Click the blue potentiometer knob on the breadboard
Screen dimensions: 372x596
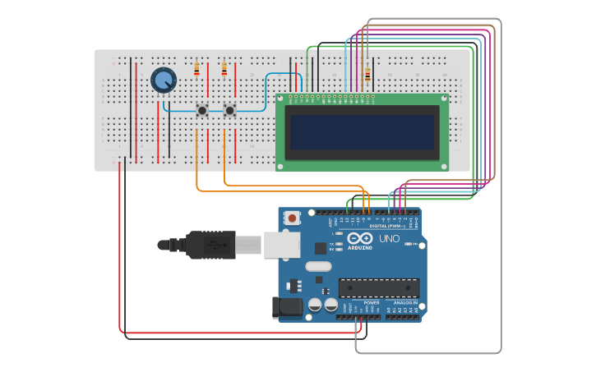(164, 80)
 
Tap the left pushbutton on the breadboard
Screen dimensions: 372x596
(202, 109)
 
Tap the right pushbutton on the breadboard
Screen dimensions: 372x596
(230, 109)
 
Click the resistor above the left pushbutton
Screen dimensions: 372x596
(196, 70)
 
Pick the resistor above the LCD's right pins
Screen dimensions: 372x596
(367, 76)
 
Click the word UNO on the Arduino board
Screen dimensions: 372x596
(389, 239)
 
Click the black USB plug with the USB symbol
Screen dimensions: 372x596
(210, 245)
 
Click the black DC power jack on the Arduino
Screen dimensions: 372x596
(287, 307)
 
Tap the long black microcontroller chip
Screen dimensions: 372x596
(379, 288)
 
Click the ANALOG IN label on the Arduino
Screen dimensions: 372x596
(404, 303)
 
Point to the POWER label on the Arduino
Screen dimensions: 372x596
(372, 303)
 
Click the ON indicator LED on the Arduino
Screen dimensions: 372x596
(414, 245)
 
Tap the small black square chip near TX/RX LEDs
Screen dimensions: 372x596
(321, 248)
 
